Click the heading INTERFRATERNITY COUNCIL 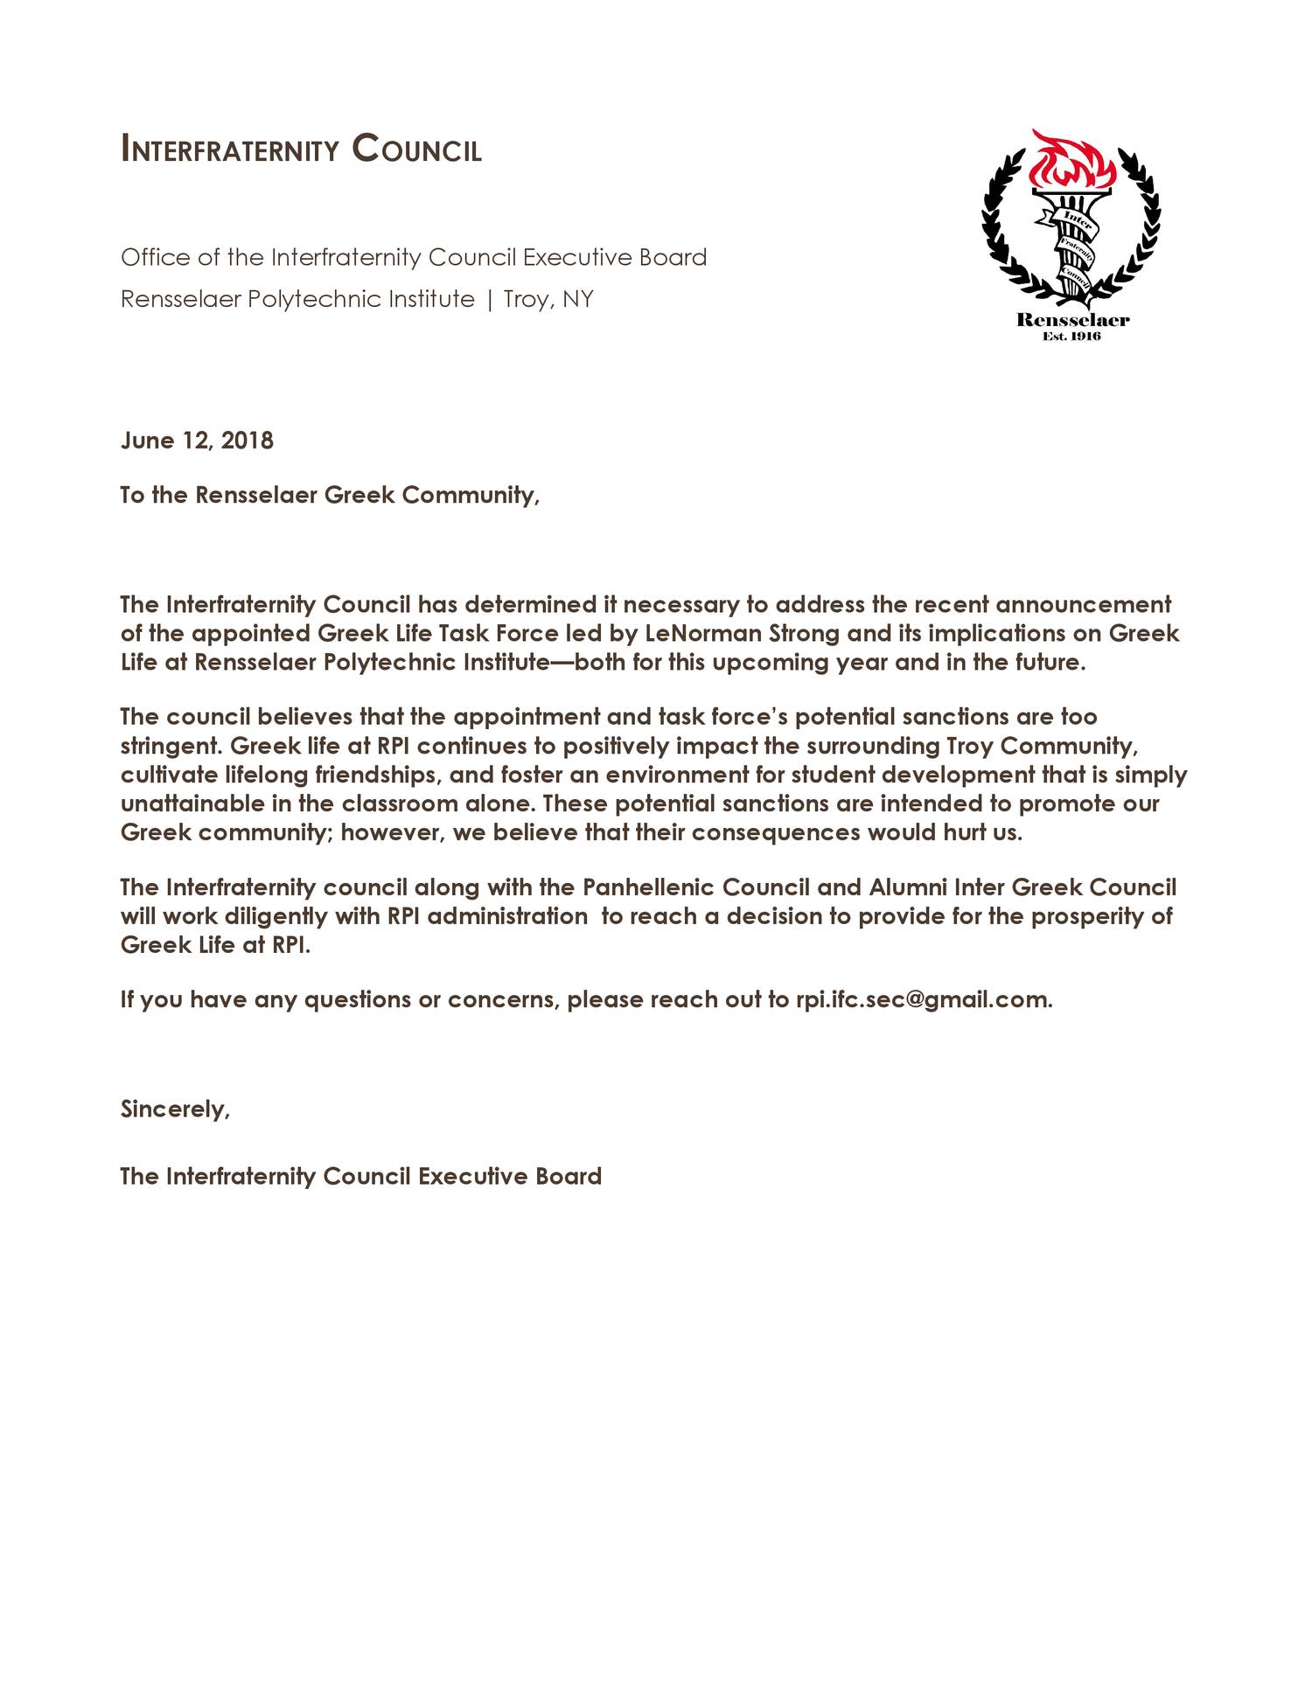click(x=301, y=150)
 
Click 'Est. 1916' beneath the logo click(x=1072, y=337)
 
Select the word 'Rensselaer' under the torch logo click(x=1072, y=320)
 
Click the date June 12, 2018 click(x=197, y=440)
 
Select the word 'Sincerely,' click(x=175, y=1109)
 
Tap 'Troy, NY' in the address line click(x=548, y=300)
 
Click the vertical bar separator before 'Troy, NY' click(x=489, y=300)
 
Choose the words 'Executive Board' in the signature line click(x=509, y=1176)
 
